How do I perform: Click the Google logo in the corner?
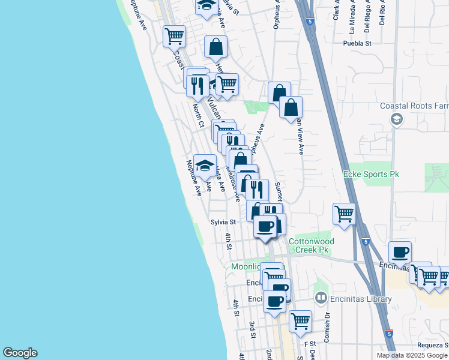pyautogui.click(x=20, y=353)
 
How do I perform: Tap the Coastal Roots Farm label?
pyautogui.click(x=414, y=106)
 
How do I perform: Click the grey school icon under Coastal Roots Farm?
pyautogui.click(x=396, y=119)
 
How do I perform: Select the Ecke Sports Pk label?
pyautogui.click(x=371, y=174)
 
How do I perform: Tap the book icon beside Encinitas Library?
pyautogui.click(x=321, y=298)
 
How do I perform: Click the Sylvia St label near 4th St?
pyautogui.click(x=223, y=221)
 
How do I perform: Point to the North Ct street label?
pyautogui.click(x=198, y=115)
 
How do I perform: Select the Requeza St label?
pyautogui.click(x=433, y=346)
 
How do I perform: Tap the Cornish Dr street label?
pyautogui.click(x=327, y=327)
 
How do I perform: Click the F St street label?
pyautogui.click(x=309, y=343)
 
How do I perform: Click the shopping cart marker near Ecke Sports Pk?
pyautogui.click(x=345, y=213)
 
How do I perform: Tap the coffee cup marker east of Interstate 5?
pyautogui.click(x=400, y=252)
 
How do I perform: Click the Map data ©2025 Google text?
pyautogui.click(x=412, y=355)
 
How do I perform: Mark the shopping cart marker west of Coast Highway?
pyautogui.click(x=174, y=35)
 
